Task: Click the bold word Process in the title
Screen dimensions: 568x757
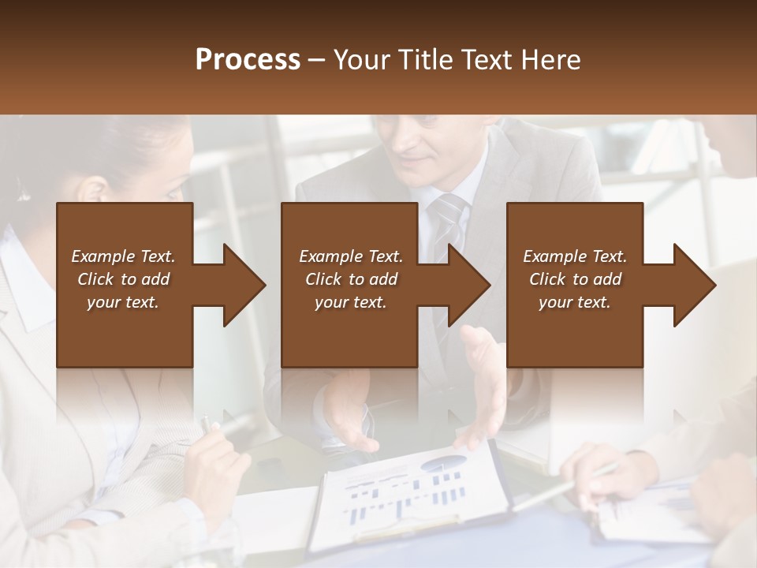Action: (x=248, y=60)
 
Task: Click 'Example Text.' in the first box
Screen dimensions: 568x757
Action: (x=123, y=256)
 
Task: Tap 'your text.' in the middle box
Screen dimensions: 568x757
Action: (x=350, y=302)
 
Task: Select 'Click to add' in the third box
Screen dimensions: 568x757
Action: (x=575, y=279)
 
